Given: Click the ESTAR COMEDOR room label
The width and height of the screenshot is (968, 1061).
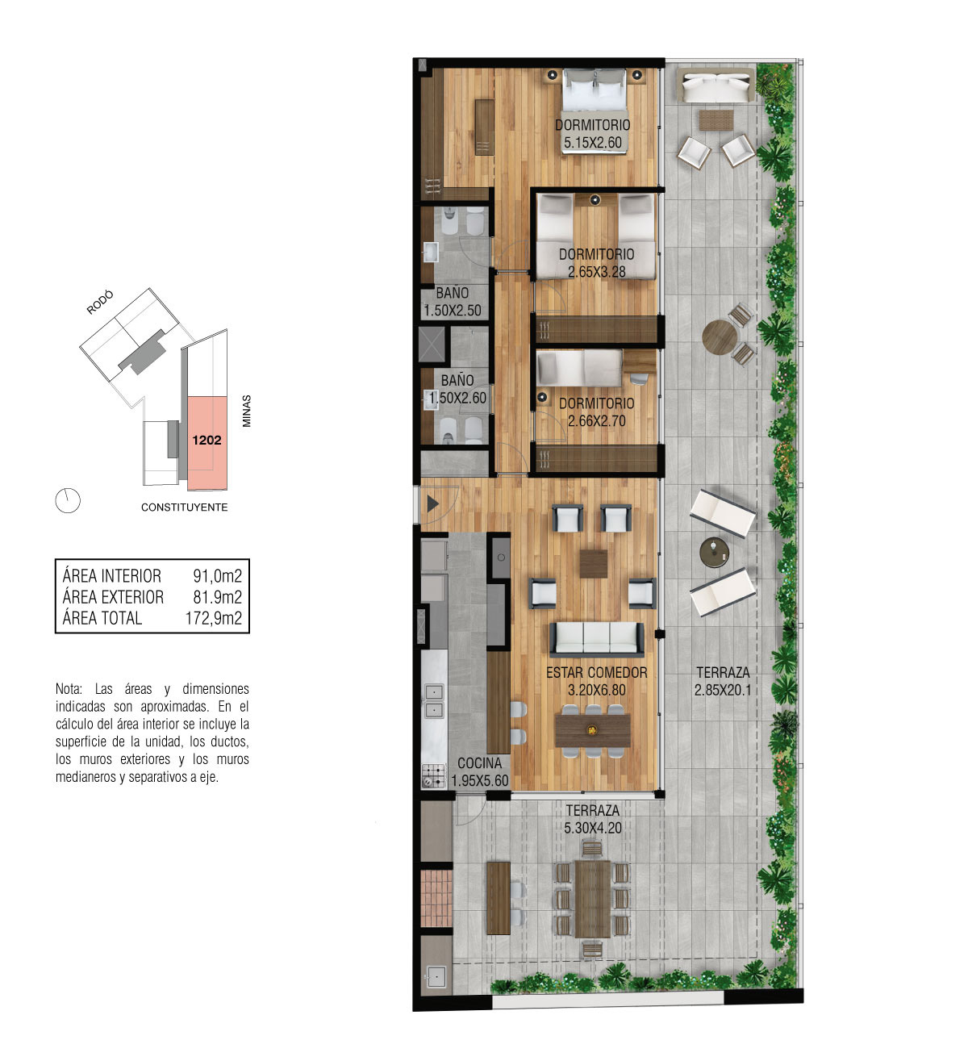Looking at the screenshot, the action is [596, 673].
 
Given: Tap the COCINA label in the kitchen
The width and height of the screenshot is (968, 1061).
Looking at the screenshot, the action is [479, 763].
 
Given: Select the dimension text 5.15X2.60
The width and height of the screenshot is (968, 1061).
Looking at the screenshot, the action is [592, 142].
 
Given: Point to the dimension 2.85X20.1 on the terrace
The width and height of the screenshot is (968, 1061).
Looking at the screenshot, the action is [723, 690].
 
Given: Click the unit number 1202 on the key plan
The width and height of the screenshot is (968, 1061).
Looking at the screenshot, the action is [207, 440].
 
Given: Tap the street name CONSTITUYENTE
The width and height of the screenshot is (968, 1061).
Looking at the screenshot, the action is [184, 508].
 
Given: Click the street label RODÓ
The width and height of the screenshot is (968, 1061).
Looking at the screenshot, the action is [100, 302].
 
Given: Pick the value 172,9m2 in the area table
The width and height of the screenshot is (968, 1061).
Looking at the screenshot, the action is [214, 618].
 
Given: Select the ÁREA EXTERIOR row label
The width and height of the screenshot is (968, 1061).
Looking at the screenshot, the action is [113, 597].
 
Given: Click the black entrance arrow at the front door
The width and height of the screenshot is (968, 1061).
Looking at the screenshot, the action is [432, 503].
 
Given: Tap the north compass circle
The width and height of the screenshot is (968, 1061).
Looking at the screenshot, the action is [68, 500].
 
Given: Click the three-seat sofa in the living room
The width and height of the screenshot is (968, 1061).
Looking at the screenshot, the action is [597, 639].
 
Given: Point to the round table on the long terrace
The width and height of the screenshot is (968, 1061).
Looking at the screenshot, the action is [720, 337].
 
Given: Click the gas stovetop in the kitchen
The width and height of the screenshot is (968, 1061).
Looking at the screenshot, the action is [433, 776].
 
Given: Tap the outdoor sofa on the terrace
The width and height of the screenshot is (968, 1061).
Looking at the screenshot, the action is [716, 86].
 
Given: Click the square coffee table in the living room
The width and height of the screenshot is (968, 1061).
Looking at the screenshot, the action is [594, 564].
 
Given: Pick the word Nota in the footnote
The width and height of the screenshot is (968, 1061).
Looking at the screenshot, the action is [69, 689].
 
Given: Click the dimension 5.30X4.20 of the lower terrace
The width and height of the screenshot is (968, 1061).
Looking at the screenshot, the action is [592, 828].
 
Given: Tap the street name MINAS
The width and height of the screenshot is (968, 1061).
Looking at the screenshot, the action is [247, 411].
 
